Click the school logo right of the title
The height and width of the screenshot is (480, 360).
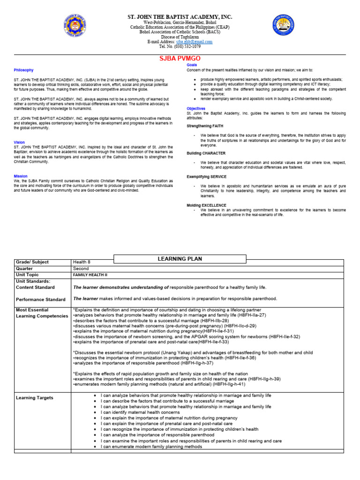click(x=285, y=28)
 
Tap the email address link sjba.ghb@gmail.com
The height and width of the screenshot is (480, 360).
click(x=194, y=42)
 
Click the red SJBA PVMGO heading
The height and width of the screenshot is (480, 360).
click(x=180, y=58)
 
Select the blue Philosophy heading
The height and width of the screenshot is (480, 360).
click(x=23, y=70)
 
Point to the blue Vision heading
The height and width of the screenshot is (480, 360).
click(x=19, y=142)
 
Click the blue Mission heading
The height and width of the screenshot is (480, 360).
click(x=21, y=176)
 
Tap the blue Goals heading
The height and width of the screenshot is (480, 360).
click(x=192, y=64)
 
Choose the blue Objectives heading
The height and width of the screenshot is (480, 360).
click(x=196, y=108)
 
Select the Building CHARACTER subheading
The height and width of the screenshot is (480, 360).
click(x=206, y=153)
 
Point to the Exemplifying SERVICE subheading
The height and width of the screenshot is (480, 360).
click(x=207, y=177)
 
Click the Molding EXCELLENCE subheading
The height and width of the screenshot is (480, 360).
click(x=207, y=205)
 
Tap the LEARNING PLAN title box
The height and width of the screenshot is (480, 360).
click(x=180, y=259)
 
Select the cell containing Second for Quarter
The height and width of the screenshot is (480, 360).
click(x=80, y=269)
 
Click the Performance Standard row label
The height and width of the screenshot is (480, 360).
click(x=40, y=299)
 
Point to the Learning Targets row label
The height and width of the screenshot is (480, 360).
click(x=35, y=398)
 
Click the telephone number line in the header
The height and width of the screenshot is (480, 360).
click(x=180, y=46)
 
